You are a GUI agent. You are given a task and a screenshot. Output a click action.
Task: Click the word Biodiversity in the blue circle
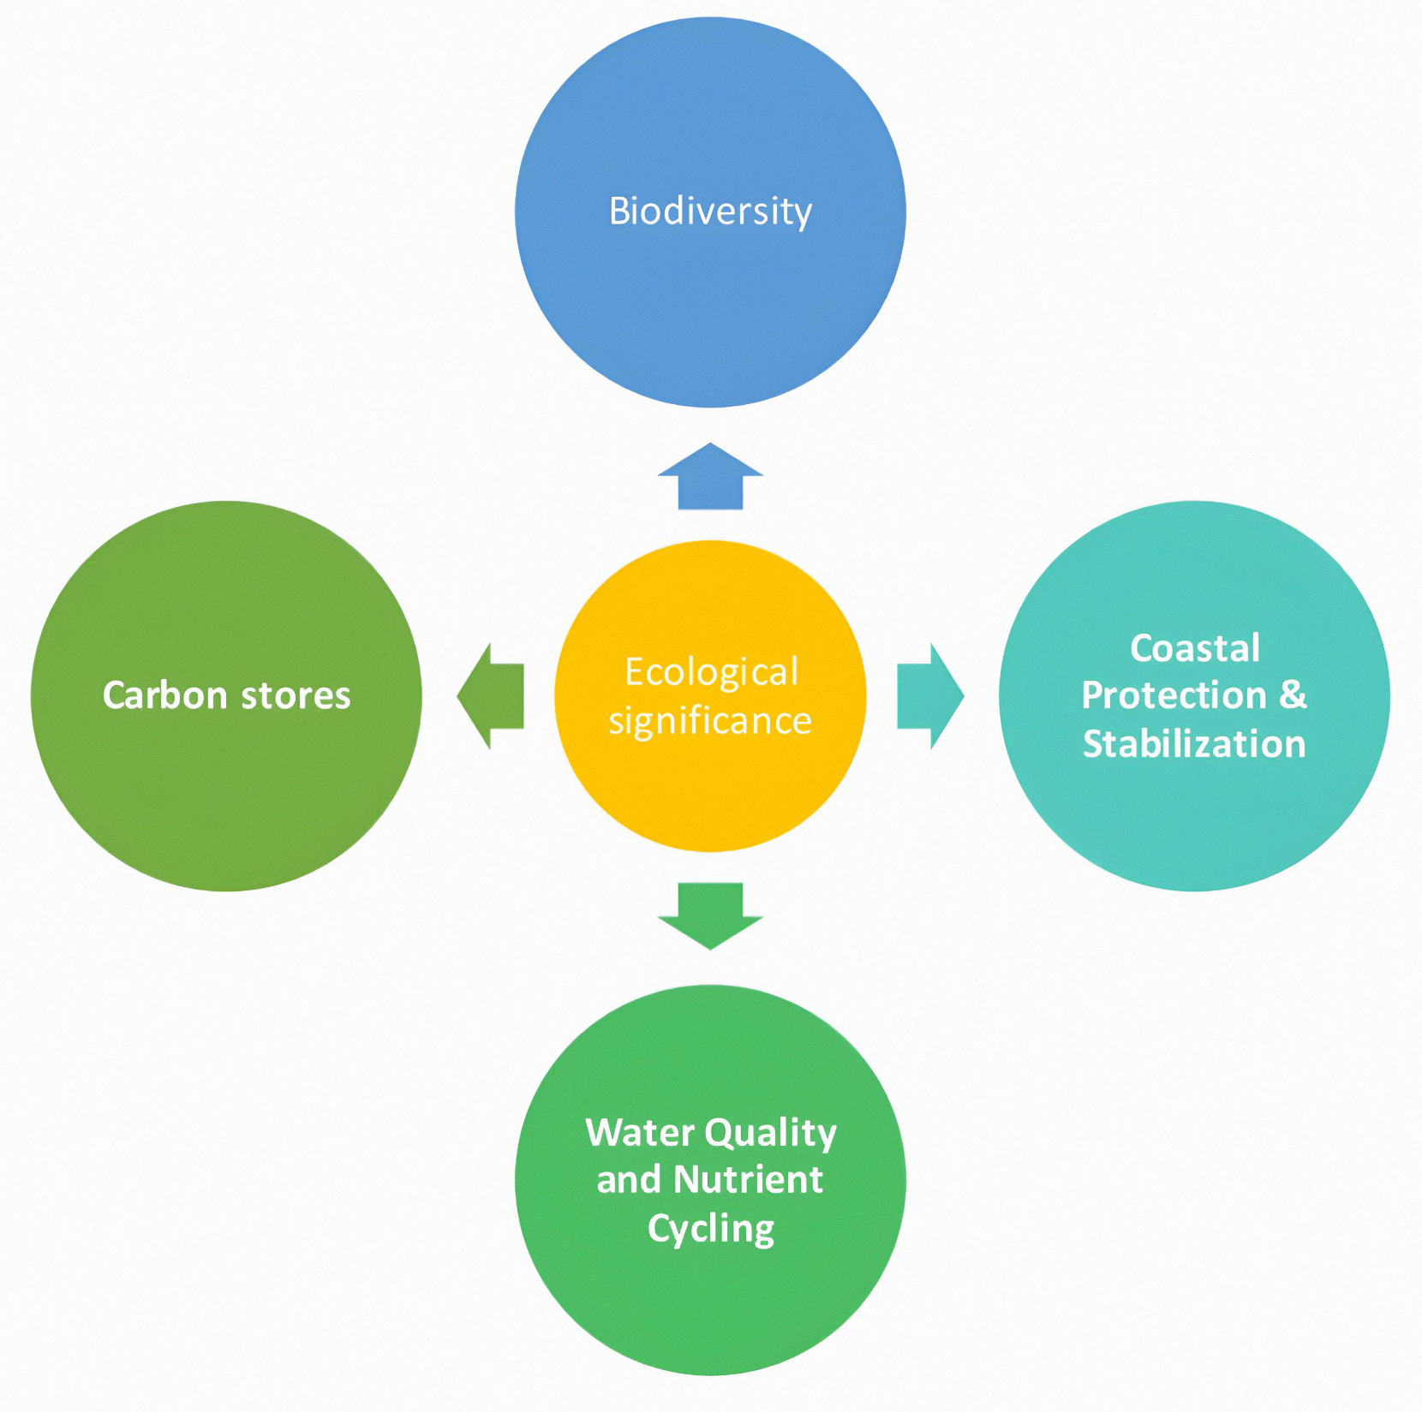click(x=710, y=211)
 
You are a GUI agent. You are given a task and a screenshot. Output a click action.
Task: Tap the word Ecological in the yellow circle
click(x=711, y=672)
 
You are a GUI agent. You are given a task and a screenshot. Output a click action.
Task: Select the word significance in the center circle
click(x=710, y=721)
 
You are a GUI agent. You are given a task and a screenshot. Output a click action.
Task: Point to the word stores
click(x=296, y=695)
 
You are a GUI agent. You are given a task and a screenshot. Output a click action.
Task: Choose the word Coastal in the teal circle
click(x=1195, y=647)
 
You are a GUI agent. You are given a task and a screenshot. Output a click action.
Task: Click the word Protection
click(x=1174, y=694)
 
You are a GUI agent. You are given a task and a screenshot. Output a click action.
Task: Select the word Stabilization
click(x=1194, y=743)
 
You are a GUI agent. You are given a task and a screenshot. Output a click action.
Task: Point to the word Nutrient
click(x=748, y=1179)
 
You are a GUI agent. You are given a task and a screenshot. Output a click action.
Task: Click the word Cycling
click(x=711, y=1229)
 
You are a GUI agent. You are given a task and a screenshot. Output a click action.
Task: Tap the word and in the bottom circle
click(x=629, y=1180)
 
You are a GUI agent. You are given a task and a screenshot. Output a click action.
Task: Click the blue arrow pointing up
click(x=710, y=477)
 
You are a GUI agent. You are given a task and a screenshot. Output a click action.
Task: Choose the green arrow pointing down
click(x=710, y=915)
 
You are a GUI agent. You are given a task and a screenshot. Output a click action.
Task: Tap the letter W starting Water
click(x=606, y=1132)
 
